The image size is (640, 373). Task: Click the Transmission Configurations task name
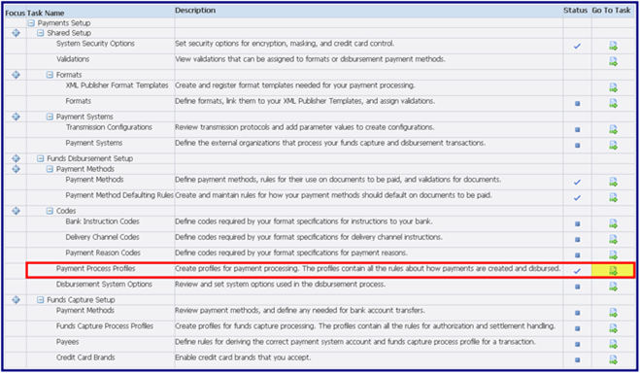tap(109, 128)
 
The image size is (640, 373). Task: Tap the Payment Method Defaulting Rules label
tap(119, 195)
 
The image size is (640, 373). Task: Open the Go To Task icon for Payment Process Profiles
tap(613, 270)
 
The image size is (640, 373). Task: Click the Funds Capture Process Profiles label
tap(104, 326)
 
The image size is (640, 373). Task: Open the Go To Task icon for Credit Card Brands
tap(613, 360)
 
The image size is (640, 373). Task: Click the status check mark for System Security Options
tap(577, 46)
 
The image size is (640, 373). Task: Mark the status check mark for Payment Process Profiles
tap(577, 270)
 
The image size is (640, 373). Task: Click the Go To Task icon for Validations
tap(613, 61)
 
